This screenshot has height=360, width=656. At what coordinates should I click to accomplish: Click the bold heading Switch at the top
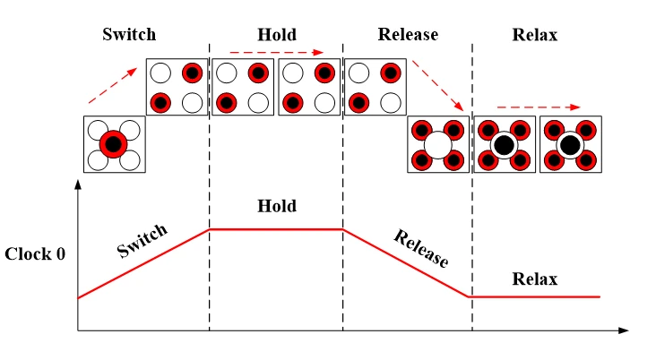click(x=129, y=35)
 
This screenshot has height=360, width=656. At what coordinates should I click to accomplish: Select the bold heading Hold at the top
click(x=276, y=35)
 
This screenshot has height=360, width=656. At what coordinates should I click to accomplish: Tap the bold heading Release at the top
click(x=408, y=35)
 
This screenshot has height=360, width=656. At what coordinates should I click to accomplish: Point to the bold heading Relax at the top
click(x=534, y=35)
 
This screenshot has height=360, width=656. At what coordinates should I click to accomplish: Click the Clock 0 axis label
click(x=35, y=253)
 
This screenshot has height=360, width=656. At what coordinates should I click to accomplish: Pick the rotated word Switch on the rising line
click(x=142, y=241)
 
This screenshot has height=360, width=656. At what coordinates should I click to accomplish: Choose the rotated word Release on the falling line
click(x=420, y=248)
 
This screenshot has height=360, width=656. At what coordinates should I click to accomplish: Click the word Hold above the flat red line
click(x=276, y=206)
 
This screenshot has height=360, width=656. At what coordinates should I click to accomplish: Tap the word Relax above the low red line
click(x=534, y=279)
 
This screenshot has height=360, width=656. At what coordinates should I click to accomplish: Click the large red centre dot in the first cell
click(x=113, y=143)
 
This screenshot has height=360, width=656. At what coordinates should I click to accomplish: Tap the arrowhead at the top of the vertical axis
click(x=79, y=184)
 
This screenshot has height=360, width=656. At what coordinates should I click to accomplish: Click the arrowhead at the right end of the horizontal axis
click(x=625, y=332)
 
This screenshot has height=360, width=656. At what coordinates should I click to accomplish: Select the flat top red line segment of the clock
click(x=276, y=229)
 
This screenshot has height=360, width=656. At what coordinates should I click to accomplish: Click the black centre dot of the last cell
click(x=570, y=143)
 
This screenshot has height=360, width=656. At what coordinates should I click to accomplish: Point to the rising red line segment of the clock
click(x=143, y=263)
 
